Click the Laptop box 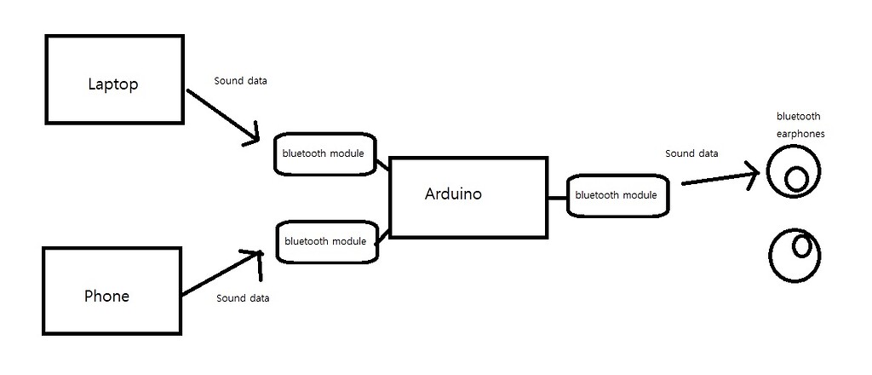[x=113, y=79]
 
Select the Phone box [x=112, y=291]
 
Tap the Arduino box [x=468, y=198]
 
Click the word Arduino [x=453, y=194]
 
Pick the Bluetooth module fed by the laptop [x=324, y=154]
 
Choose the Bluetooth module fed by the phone [x=325, y=241]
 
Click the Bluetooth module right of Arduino [x=617, y=195]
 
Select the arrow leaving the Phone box [x=220, y=274]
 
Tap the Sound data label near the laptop [x=240, y=81]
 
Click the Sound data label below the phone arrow [x=243, y=298]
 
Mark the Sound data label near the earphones [x=691, y=153]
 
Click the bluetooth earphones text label [x=800, y=124]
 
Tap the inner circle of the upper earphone [x=797, y=179]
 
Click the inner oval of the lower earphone [x=801, y=246]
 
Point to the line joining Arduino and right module [x=557, y=197]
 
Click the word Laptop [x=112, y=84]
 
